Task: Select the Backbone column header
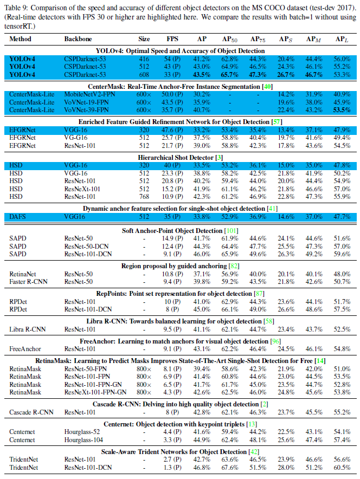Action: point(78,40)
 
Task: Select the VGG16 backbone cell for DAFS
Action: point(74,216)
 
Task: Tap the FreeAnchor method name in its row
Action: point(25,348)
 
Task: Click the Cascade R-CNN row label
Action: point(30,412)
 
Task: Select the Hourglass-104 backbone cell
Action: point(84,439)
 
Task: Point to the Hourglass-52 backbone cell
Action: point(82,432)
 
